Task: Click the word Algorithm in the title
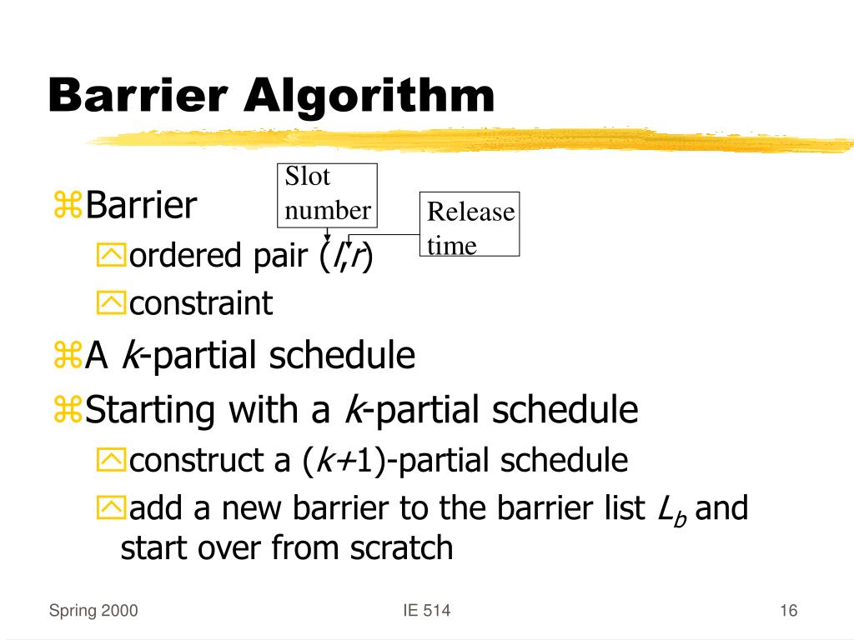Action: tap(369, 97)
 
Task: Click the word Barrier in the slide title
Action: tap(138, 97)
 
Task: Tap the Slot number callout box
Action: tap(327, 194)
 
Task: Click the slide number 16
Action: tap(789, 612)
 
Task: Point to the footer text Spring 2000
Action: tap(93, 612)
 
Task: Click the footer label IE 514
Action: tap(426, 612)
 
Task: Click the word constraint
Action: tap(200, 303)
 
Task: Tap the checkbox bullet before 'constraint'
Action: tap(110, 304)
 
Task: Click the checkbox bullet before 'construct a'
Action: tap(110, 460)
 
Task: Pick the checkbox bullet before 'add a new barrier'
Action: tap(110, 508)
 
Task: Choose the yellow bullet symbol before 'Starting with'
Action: tap(66, 410)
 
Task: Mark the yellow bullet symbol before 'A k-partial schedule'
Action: tap(66, 357)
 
